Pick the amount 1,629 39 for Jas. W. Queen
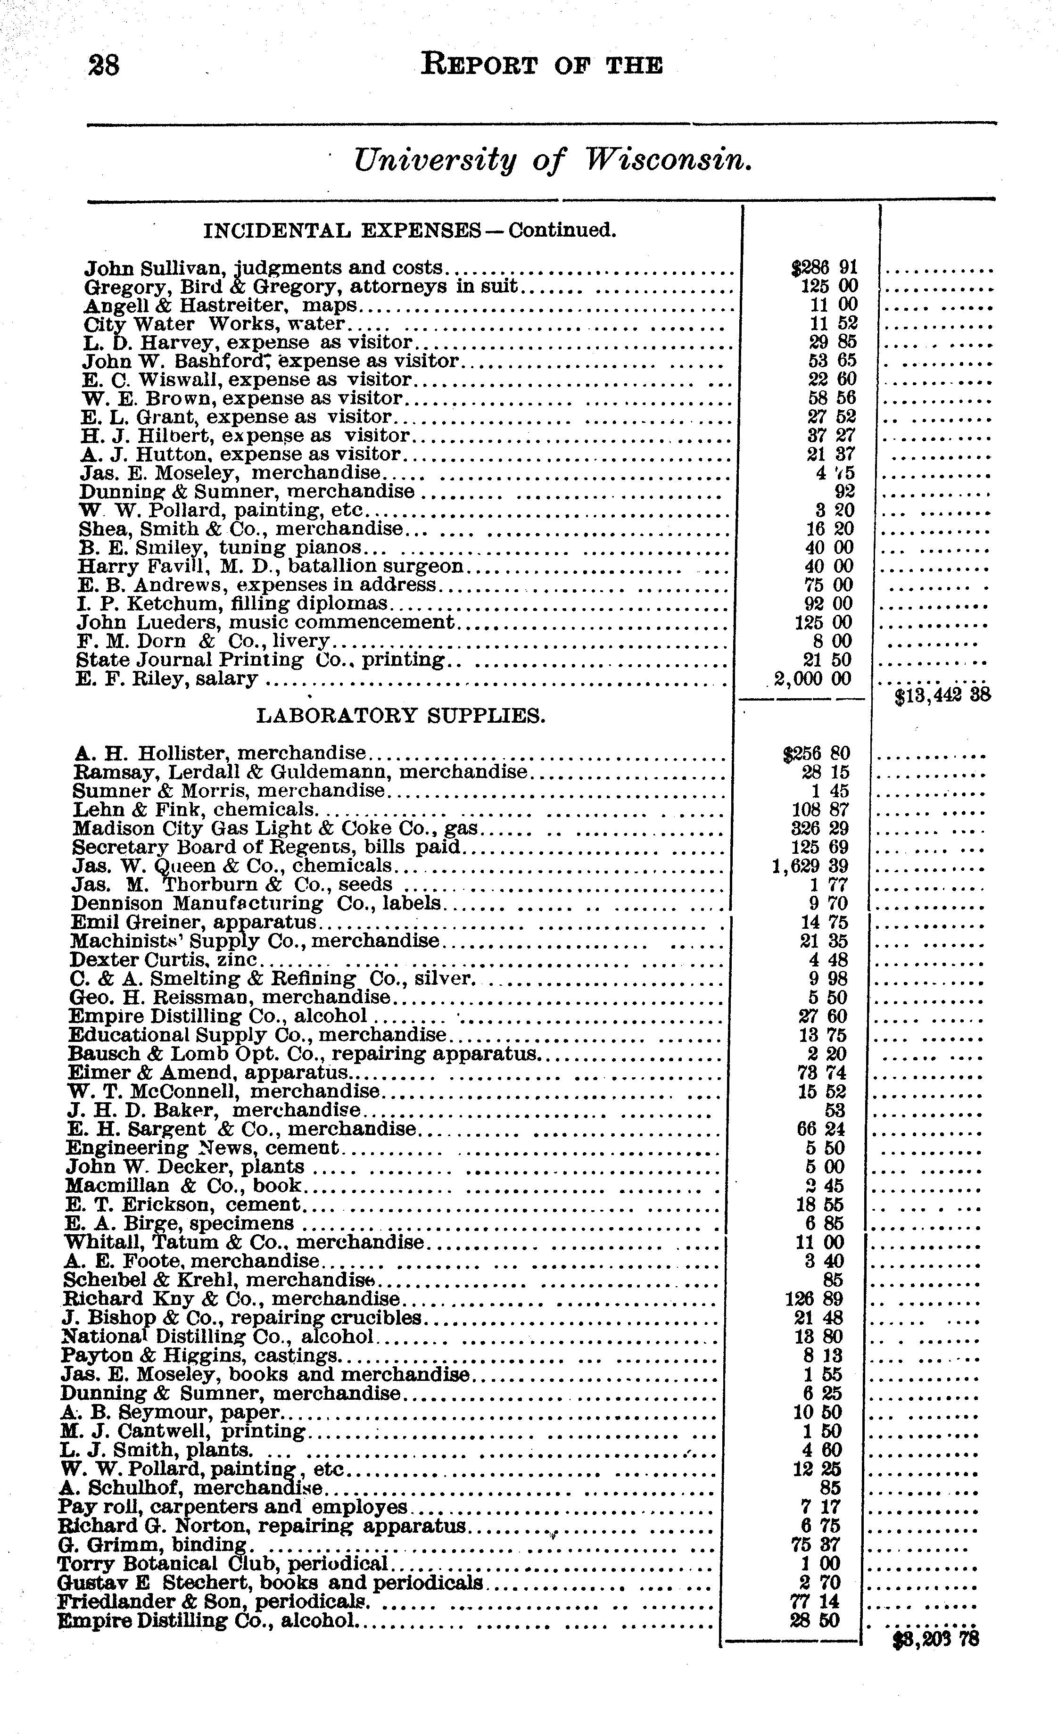click(x=810, y=866)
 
